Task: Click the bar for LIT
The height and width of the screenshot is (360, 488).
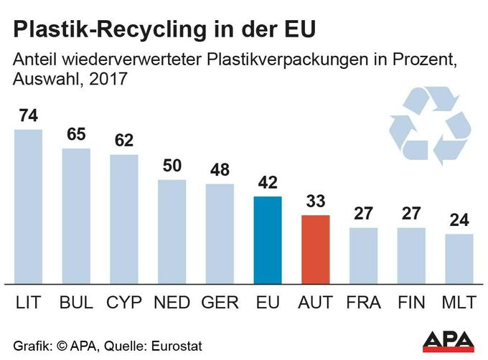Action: [x=28, y=207]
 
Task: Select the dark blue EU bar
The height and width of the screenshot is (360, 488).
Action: [x=268, y=240]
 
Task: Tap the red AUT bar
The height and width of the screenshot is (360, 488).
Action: [x=316, y=249]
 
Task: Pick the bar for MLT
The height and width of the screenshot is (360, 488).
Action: [x=459, y=258]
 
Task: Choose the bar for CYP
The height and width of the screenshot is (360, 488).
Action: [x=124, y=219]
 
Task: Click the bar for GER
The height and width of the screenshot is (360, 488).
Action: [x=220, y=234]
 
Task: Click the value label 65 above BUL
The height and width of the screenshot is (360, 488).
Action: [x=76, y=136]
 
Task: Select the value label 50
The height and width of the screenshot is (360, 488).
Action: [x=172, y=166]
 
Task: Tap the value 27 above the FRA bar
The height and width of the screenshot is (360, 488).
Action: [x=363, y=214]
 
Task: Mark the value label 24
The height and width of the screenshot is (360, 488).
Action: [x=459, y=220]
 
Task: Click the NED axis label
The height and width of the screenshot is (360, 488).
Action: [x=172, y=303]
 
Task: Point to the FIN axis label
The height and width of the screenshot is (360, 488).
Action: [x=411, y=303]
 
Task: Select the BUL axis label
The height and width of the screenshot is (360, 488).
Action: [x=76, y=303]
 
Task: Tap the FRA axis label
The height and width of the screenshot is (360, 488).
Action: [x=363, y=303]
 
